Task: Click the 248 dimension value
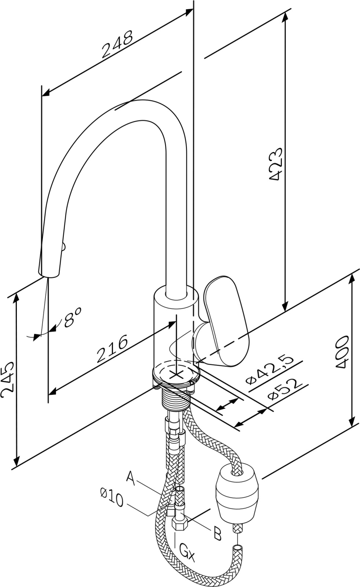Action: point(117,44)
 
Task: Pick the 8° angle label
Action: point(72,317)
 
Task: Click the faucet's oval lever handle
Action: point(226,321)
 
